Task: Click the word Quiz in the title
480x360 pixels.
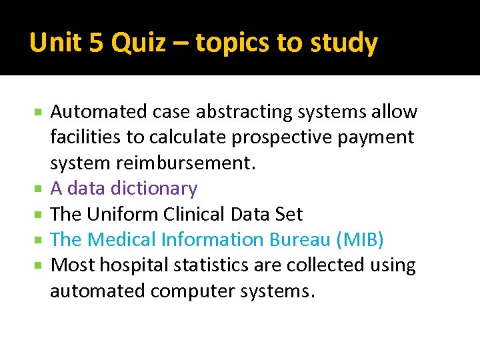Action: [137, 43]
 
